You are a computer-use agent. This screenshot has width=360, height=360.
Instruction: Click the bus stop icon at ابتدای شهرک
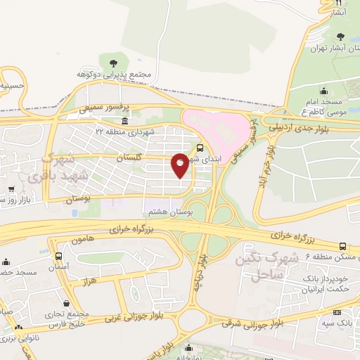201,148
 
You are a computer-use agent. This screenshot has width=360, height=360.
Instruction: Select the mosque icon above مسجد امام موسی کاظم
323,91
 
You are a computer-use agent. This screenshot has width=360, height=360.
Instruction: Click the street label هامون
83,240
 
